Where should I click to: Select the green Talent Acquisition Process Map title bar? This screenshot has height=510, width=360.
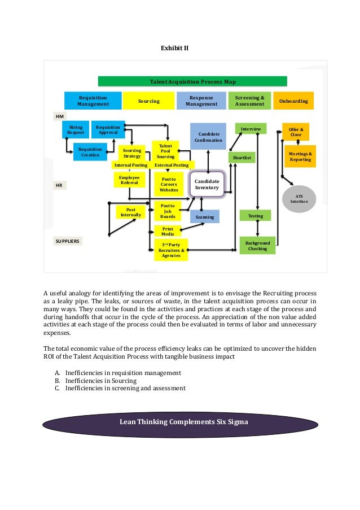(x=192, y=81)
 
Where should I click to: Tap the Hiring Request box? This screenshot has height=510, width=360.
(x=76, y=130)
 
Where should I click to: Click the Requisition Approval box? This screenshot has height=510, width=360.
(x=108, y=130)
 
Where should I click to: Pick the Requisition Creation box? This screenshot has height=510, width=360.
(x=90, y=151)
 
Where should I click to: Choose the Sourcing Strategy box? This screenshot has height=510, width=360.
(x=132, y=153)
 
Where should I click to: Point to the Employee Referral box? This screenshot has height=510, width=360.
(x=129, y=180)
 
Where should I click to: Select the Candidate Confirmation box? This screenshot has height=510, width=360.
(x=208, y=137)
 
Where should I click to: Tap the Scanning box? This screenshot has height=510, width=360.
(x=204, y=216)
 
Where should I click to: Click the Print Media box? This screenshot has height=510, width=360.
(x=168, y=232)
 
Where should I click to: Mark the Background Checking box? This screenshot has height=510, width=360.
(x=257, y=246)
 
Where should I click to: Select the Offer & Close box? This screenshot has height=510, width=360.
(x=296, y=132)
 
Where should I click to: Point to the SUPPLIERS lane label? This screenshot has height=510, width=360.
(x=68, y=241)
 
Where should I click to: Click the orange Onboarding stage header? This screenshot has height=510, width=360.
(x=294, y=101)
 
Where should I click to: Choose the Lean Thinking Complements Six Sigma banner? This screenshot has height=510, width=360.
(x=180, y=422)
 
